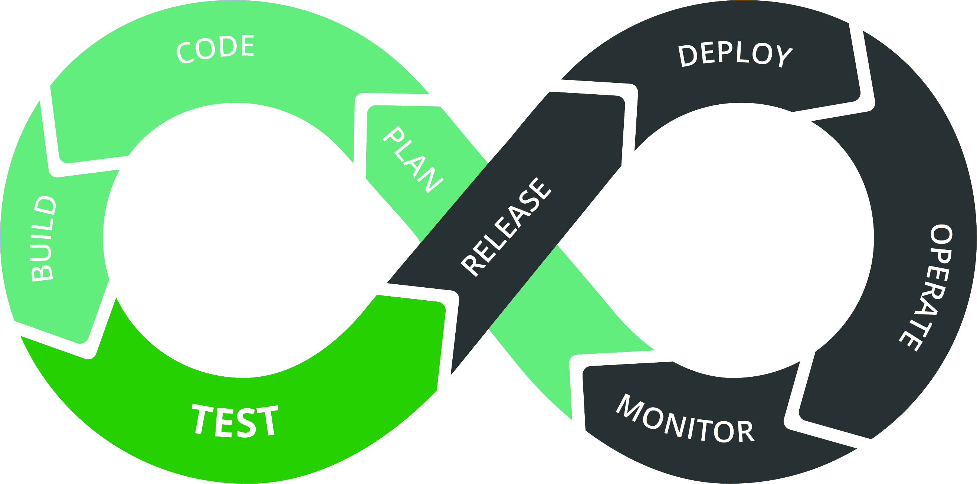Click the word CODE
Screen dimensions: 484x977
(216, 49)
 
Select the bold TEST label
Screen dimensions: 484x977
(236, 421)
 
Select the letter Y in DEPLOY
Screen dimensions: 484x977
(784, 56)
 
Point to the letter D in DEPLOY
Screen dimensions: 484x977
(687, 56)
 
